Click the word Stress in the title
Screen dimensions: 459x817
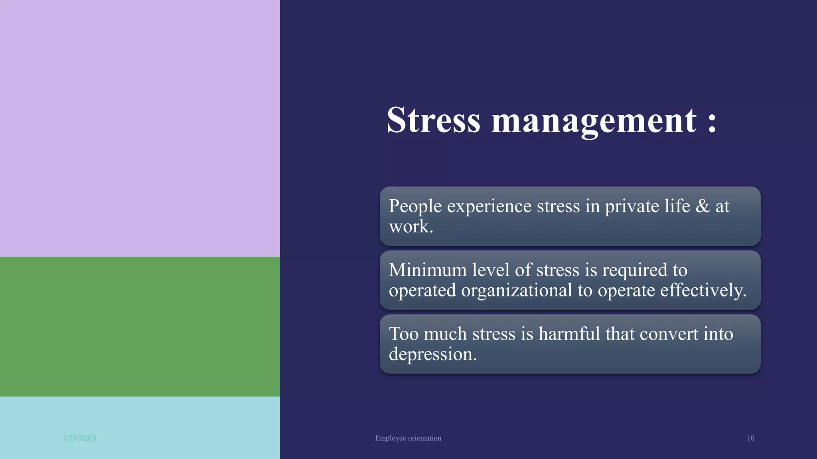coord(434,120)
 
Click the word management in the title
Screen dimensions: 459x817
coord(594,121)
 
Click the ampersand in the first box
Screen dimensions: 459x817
coord(703,206)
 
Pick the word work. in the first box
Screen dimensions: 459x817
coord(411,227)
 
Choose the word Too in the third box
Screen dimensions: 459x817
coord(403,333)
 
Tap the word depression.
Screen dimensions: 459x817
coord(433,354)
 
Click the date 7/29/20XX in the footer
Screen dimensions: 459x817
coord(79,438)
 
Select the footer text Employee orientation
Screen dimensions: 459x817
coord(408,438)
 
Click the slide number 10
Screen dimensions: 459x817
coord(750,438)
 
